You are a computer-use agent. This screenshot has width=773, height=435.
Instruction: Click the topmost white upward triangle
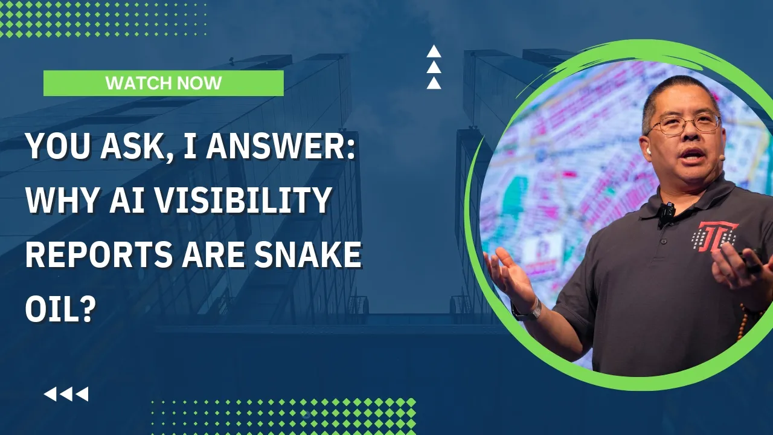(x=434, y=51)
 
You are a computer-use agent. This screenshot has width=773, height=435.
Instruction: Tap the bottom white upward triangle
(x=434, y=83)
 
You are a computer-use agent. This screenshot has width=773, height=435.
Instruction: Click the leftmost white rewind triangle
(x=50, y=394)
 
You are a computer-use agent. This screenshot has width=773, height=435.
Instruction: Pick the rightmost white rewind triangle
(x=82, y=394)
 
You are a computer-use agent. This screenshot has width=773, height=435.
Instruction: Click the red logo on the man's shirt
(x=714, y=237)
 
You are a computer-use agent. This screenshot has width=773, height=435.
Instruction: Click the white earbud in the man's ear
(x=649, y=151)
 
